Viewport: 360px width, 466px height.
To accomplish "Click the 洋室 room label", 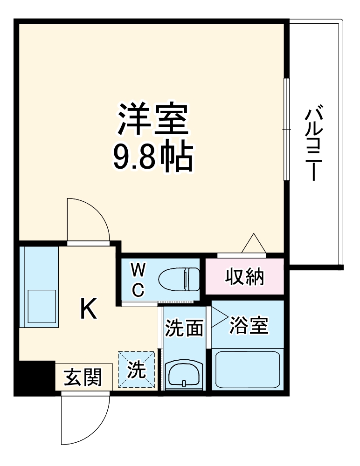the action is (153, 119).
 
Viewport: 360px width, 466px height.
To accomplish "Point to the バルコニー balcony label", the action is (314, 143).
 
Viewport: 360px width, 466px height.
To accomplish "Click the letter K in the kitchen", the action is (89, 309).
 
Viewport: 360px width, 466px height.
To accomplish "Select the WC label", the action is (138, 280).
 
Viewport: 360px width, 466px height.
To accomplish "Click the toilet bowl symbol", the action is (179, 279).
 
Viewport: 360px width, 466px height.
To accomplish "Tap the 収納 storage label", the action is (244, 277).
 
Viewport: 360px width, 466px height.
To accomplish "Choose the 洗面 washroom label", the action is (185, 328).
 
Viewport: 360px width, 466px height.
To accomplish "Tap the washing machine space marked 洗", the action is (137, 370).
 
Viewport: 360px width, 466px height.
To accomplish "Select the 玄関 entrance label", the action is (83, 377).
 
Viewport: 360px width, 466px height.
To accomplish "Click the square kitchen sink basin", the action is (42, 306).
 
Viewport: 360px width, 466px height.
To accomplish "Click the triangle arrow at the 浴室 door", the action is (219, 317).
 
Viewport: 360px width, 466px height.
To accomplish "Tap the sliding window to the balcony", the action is (286, 129).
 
